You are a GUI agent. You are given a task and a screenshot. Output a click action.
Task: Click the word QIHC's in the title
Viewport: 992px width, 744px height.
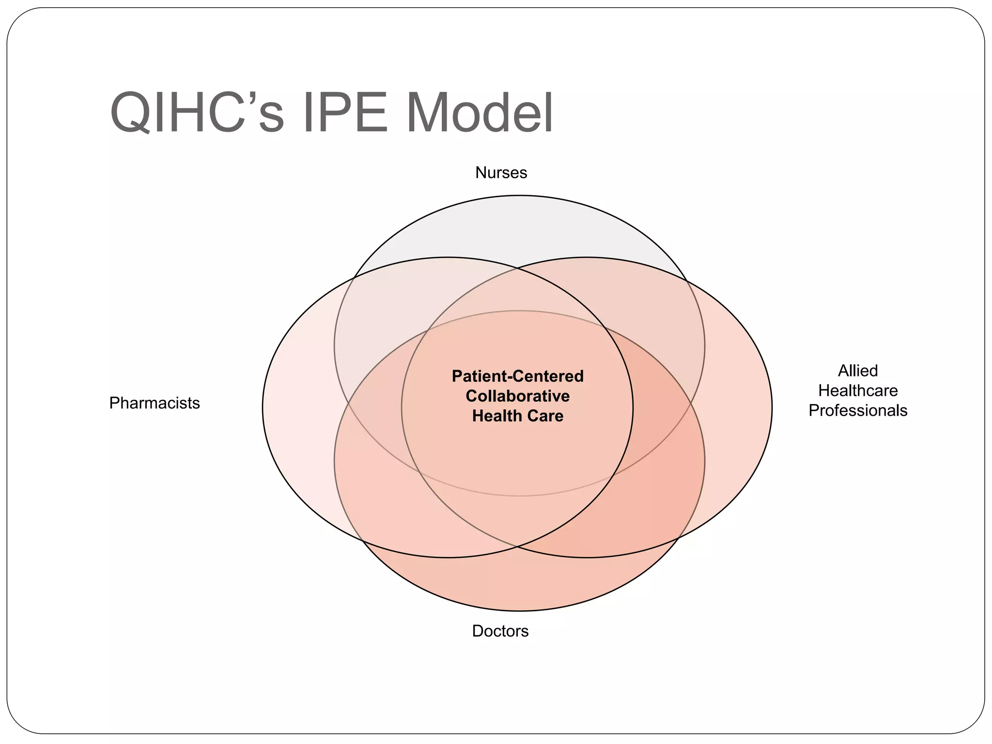coord(197,113)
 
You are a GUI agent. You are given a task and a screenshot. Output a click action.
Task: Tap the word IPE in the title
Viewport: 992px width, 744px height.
coord(344,113)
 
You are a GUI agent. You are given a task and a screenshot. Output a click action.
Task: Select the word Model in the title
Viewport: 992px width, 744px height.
coord(479,113)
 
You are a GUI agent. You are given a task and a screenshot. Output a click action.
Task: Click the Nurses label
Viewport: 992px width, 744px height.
coord(501,172)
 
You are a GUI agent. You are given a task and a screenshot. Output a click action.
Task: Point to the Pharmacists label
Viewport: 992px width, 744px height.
coord(155,403)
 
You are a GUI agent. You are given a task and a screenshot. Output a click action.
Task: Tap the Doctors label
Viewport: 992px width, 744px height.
coord(500,631)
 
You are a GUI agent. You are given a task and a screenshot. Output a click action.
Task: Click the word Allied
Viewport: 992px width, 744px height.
coord(858,371)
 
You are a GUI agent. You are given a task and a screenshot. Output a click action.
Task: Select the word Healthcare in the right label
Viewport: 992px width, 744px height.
coord(858,390)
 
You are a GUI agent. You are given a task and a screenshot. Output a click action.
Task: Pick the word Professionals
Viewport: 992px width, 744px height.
coord(858,411)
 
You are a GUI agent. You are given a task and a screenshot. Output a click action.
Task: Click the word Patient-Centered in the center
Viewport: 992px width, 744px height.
coord(517,376)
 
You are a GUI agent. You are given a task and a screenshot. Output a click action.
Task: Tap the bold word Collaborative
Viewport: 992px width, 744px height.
coord(517,396)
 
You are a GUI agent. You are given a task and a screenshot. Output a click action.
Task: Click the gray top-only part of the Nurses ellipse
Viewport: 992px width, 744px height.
coord(518,228)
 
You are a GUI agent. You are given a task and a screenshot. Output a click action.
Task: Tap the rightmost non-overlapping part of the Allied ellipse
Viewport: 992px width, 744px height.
coord(739,407)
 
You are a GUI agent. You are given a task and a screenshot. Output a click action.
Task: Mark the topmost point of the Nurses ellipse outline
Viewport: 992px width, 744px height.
coord(519,196)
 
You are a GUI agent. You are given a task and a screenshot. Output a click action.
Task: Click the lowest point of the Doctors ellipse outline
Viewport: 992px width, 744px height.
coord(519,611)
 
